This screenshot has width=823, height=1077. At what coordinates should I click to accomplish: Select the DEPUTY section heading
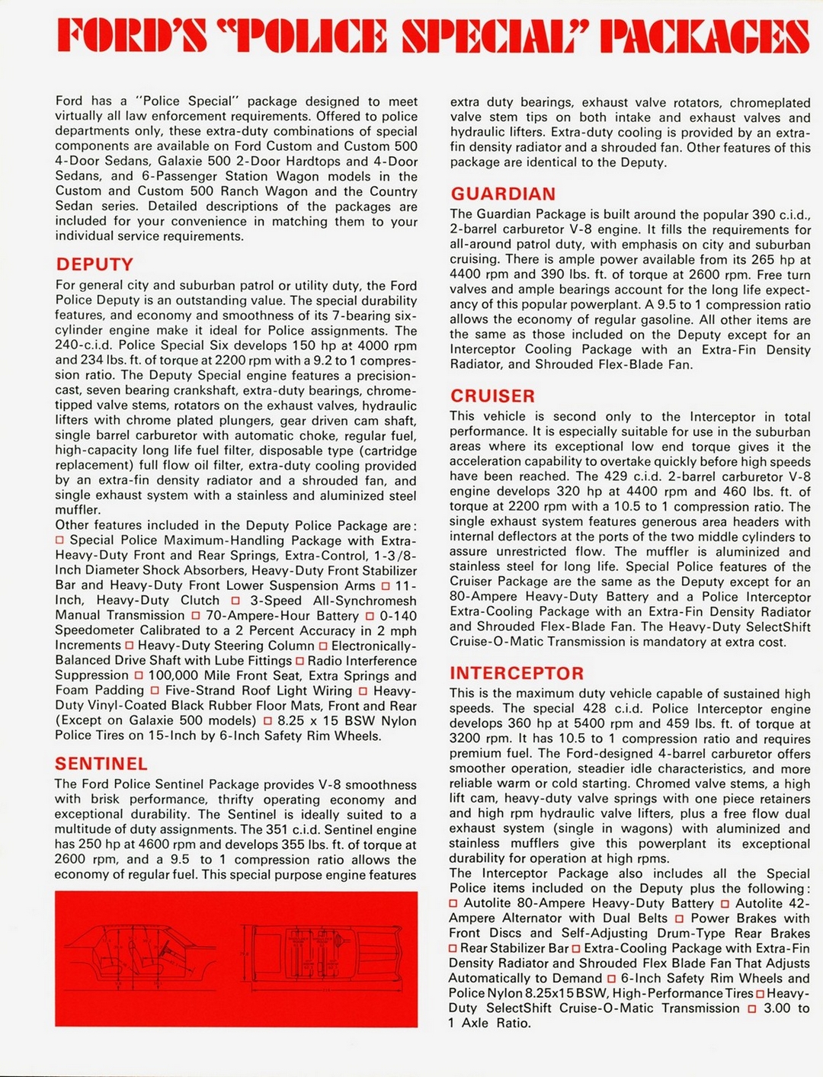click(x=94, y=264)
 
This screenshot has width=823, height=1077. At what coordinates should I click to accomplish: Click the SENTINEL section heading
click(x=101, y=764)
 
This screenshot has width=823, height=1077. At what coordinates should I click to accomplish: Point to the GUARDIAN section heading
click(x=503, y=194)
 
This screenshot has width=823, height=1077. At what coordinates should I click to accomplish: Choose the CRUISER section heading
click(x=492, y=396)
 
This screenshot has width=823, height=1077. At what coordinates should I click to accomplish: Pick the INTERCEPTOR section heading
click(x=517, y=674)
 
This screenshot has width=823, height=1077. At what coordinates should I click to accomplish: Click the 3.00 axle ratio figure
click(x=777, y=1008)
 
